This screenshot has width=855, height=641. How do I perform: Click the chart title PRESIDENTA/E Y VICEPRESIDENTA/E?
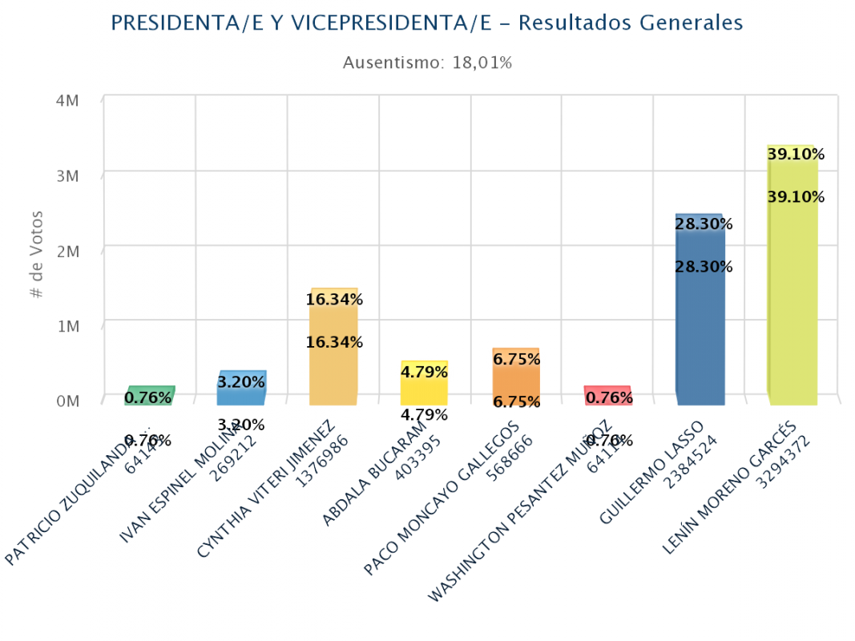point(426,23)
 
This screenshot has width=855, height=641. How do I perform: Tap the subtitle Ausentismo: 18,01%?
point(427,62)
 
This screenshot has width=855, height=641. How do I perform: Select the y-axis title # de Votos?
point(37,255)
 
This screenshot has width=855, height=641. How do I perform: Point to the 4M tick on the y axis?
point(67,101)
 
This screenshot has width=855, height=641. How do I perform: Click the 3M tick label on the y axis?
point(67,176)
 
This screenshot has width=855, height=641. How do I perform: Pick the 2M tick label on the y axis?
point(67,251)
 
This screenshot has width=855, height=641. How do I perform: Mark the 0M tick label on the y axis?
point(67,401)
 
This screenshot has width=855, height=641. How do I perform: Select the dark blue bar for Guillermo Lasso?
point(700,312)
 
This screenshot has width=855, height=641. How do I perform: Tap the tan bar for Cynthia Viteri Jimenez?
point(333,349)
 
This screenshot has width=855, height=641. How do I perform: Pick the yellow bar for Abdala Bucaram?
point(424,385)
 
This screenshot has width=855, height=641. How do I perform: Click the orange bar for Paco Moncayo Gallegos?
point(516,378)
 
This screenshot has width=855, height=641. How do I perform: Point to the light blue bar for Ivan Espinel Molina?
point(241,389)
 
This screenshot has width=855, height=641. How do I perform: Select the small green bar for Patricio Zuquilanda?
point(149,396)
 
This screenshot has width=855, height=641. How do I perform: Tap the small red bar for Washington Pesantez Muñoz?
point(607,396)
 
